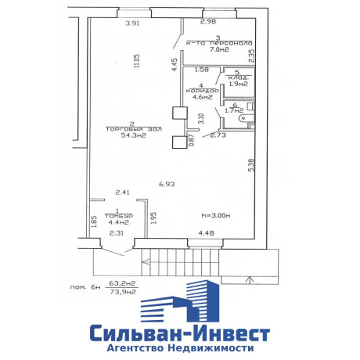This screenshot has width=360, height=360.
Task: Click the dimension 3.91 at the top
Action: click(133, 23)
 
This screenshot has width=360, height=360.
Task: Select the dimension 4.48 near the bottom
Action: click(207, 232)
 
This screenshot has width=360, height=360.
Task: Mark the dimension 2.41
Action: click(121, 193)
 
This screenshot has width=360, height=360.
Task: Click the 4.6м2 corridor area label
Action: click(200, 97)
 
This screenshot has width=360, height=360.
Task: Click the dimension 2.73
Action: click(219, 136)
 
